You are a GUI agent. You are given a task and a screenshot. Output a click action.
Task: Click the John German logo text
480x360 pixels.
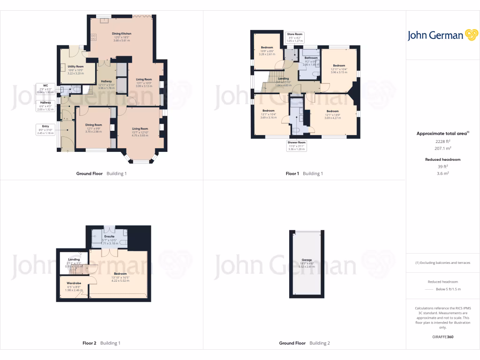pos(435,35)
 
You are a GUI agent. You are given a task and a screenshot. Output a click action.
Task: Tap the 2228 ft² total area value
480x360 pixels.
pos(442,141)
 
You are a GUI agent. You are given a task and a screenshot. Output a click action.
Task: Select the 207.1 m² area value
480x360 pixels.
pos(442,148)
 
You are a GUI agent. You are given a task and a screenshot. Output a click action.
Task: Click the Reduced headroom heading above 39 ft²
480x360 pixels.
pos(442,159)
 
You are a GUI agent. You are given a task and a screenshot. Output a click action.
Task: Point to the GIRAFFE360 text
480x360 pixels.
pos(443,337)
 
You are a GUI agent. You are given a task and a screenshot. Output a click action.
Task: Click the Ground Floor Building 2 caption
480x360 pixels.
pos(304,343)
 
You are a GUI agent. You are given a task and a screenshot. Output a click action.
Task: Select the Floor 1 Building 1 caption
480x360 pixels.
pos(304,173)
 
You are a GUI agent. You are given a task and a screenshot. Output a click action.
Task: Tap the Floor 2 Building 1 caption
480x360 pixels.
pos(101,343)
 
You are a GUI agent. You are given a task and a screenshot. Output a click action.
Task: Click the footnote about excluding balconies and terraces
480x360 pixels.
pos(443,263)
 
